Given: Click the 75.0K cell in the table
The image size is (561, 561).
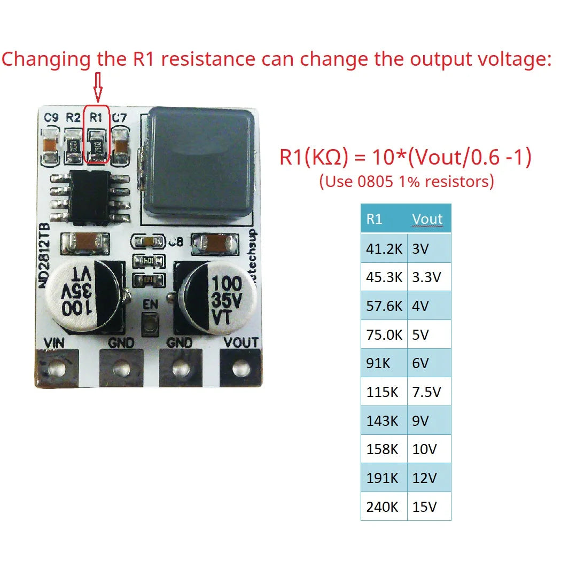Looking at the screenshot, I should tap(384, 335).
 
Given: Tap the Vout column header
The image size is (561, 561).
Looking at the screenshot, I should tap(427, 219).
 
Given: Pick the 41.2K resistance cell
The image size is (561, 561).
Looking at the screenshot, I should tap(384, 249).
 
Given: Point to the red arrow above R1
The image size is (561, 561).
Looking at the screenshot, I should tap(97, 87).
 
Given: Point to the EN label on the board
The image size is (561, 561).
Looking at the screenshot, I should tap(150, 305).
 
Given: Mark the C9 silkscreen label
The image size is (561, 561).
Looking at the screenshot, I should tap(51, 117).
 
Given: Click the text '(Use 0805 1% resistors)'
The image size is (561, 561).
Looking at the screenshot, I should tap(406, 182).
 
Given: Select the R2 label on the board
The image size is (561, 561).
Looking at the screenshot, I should tap(74, 117).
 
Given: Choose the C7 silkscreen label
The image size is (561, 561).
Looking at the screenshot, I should tap(120, 117).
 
